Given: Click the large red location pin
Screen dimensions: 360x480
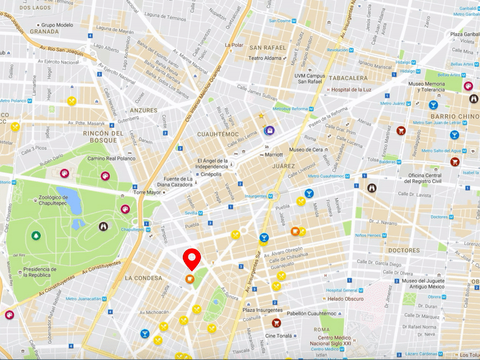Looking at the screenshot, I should tap(190, 259).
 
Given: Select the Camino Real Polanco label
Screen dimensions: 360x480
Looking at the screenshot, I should tap(111, 158).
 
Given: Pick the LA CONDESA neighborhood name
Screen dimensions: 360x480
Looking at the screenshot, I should tap(143, 278).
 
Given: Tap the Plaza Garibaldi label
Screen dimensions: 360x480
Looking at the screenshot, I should tap(462, 34).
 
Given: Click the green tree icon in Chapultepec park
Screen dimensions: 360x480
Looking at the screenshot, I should tap(37, 235).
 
